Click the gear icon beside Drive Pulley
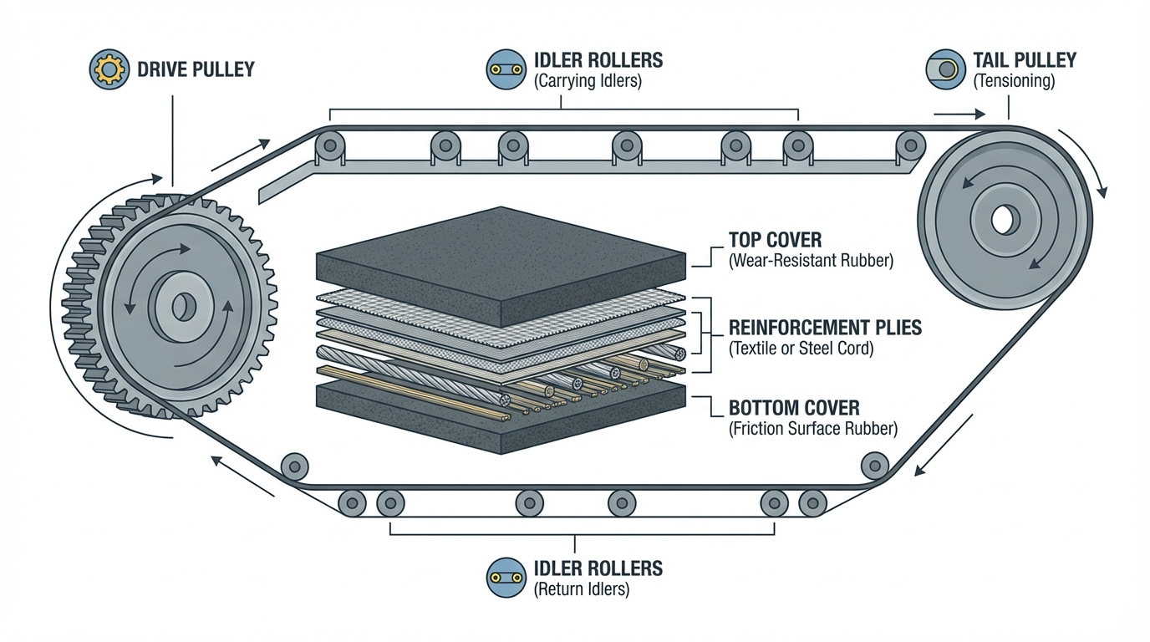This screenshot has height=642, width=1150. point(109,69)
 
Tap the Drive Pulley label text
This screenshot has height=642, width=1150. point(195,69)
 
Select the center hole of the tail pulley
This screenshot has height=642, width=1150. point(1001,221)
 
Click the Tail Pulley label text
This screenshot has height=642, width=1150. point(1024,60)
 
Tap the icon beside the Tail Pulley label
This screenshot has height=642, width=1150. point(945,69)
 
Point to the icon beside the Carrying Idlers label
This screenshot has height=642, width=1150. point(505,69)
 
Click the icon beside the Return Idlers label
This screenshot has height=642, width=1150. point(505,578)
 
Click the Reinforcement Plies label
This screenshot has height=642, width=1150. point(825,327)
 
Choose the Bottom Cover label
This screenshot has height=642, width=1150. point(793,408)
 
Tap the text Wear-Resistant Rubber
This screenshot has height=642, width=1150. point(811,261)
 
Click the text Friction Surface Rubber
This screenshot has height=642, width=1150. point(813,430)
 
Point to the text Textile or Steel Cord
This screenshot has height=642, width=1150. point(801,349)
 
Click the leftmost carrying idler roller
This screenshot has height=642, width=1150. point(331,146)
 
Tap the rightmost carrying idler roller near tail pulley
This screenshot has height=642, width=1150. point(911,145)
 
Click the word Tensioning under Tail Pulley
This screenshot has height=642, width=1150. point(1014,82)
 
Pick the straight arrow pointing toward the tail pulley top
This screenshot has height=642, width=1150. point(954,114)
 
